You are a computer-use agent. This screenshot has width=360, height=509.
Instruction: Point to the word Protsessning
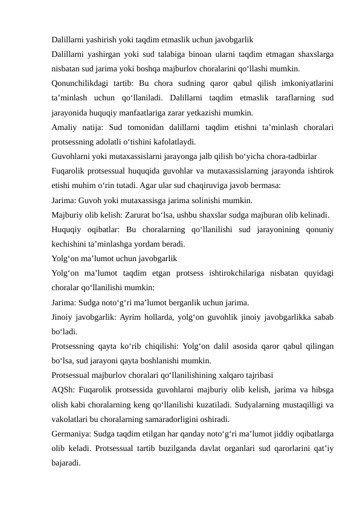(x=76, y=347)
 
